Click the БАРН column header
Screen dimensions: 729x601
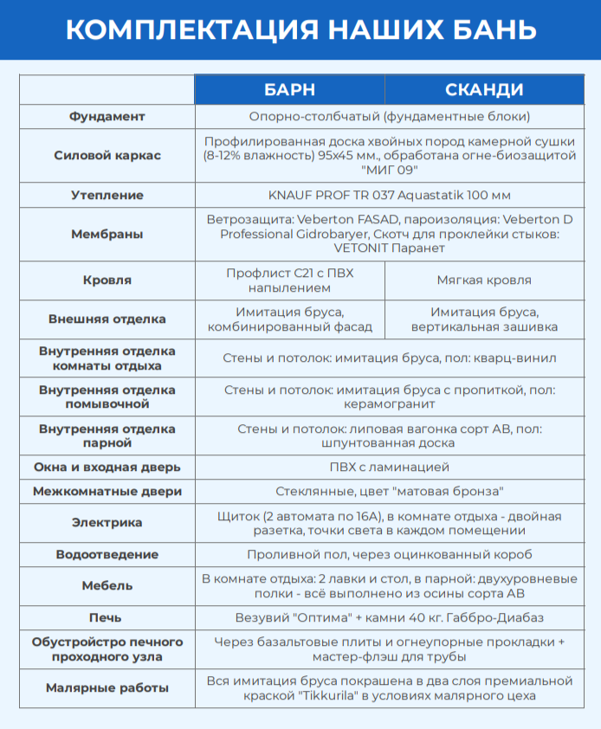[289, 90]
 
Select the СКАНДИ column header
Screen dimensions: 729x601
[484, 90]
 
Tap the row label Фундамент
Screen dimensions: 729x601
[107, 116]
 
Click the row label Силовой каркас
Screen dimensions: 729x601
[107, 156]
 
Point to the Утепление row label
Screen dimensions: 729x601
[107, 195]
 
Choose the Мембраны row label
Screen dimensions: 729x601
[107, 234]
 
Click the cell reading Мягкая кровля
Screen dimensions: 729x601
[484, 280]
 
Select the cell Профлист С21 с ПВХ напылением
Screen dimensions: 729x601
[289, 280]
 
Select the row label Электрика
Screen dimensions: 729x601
[107, 522]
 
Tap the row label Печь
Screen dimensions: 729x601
[107, 617]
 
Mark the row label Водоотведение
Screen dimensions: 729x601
[107, 554]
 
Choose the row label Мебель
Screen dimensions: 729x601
[107, 585]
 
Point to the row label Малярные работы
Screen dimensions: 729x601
[107, 688]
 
